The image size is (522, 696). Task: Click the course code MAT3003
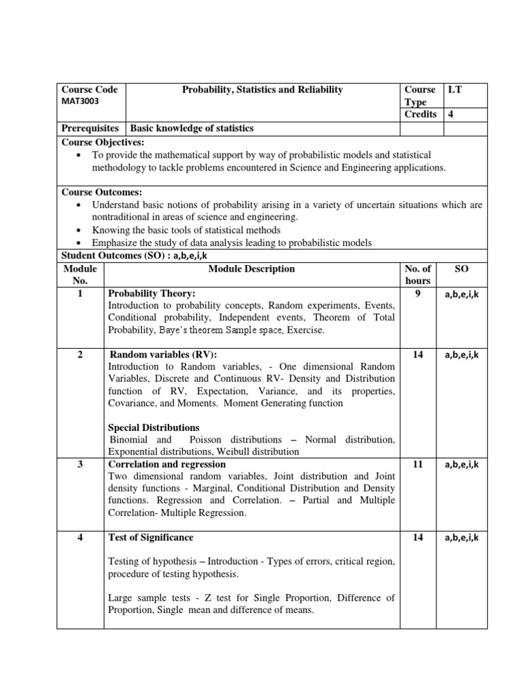point(80,101)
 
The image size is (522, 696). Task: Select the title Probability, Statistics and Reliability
point(261,90)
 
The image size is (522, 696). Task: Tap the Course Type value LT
point(454,90)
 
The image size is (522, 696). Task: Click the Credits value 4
point(450,114)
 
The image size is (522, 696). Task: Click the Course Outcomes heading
point(102,192)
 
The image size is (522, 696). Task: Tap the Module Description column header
point(251,269)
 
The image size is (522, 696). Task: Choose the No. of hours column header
point(417,275)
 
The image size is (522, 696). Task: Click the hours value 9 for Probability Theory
point(417,294)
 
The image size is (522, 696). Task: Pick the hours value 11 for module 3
point(417,464)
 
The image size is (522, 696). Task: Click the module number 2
point(80,355)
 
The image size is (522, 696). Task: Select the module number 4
point(80,538)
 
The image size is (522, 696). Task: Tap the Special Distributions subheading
point(154,428)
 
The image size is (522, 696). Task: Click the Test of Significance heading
point(151,538)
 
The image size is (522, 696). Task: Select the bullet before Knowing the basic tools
point(81,230)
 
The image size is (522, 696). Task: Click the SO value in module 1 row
point(462,294)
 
